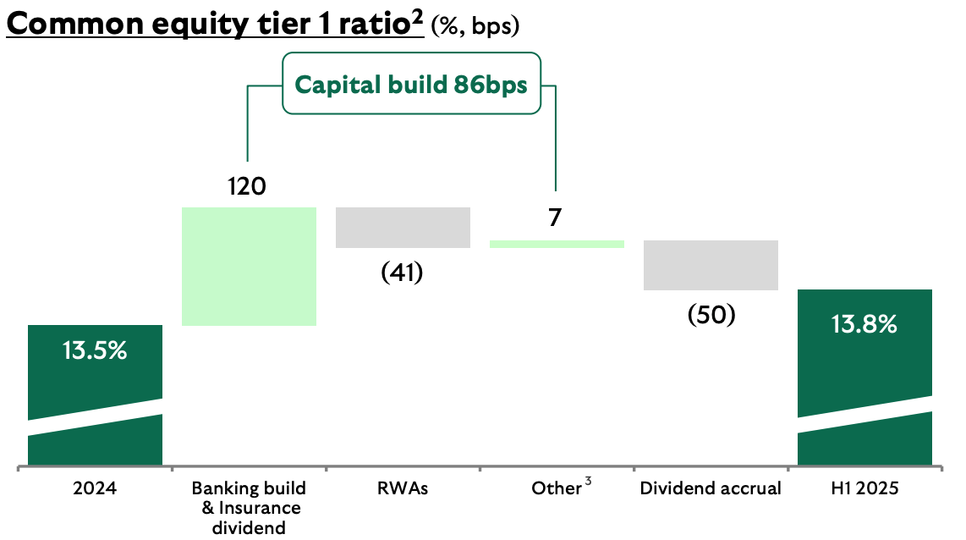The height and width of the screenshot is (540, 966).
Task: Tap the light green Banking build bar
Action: (249, 266)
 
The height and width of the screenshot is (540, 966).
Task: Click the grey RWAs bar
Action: (403, 227)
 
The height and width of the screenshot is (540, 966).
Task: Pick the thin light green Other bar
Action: (557, 244)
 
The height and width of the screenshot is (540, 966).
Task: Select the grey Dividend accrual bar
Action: (711, 265)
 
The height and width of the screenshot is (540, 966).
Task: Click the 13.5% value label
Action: (95, 350)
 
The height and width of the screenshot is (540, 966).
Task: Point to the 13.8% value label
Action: (864, 323)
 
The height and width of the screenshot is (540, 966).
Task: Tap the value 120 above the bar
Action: (247, 186)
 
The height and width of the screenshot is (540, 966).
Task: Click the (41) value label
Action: (402, 273)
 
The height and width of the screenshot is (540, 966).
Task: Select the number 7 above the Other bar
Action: (555, 218)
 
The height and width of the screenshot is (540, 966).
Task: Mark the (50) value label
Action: (711, 315)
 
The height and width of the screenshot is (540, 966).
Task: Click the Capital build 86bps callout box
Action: (410, 84)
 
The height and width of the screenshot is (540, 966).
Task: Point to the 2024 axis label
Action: (95, 488)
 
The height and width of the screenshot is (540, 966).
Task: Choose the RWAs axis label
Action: (402, 488)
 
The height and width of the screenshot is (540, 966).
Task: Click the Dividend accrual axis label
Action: (711, 488)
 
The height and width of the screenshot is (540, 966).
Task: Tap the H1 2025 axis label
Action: (864, 488)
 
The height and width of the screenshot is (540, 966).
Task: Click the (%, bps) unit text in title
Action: (475, 26)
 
